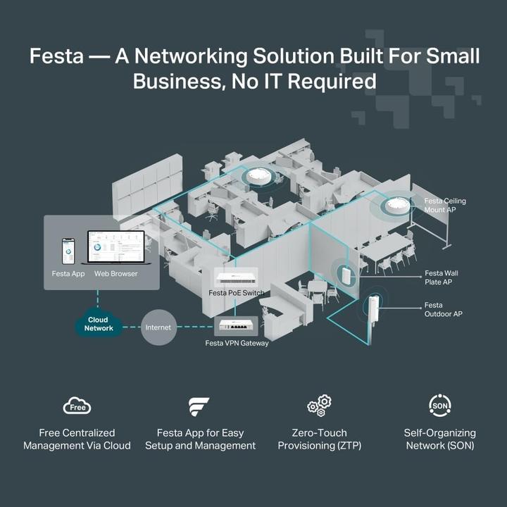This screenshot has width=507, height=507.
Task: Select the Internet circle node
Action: pos(158,327)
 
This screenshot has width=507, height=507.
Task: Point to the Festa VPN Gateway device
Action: pos(236,326)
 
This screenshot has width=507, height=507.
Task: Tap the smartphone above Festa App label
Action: pos(68,251)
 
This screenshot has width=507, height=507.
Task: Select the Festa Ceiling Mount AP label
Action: pos(444,206)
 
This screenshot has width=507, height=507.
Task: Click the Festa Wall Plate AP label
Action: pos(441,277)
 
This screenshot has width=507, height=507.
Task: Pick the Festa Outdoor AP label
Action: pos(443,309)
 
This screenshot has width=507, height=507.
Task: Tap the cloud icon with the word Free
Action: pos(77,406)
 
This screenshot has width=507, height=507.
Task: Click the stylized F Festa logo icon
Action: pos(199,407)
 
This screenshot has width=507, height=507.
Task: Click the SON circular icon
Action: pos(439,406)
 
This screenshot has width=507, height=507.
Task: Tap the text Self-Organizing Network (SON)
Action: pos(439,439)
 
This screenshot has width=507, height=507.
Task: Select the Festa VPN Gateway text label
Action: pos(237,343)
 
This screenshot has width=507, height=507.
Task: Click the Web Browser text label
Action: pos(116,273)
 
